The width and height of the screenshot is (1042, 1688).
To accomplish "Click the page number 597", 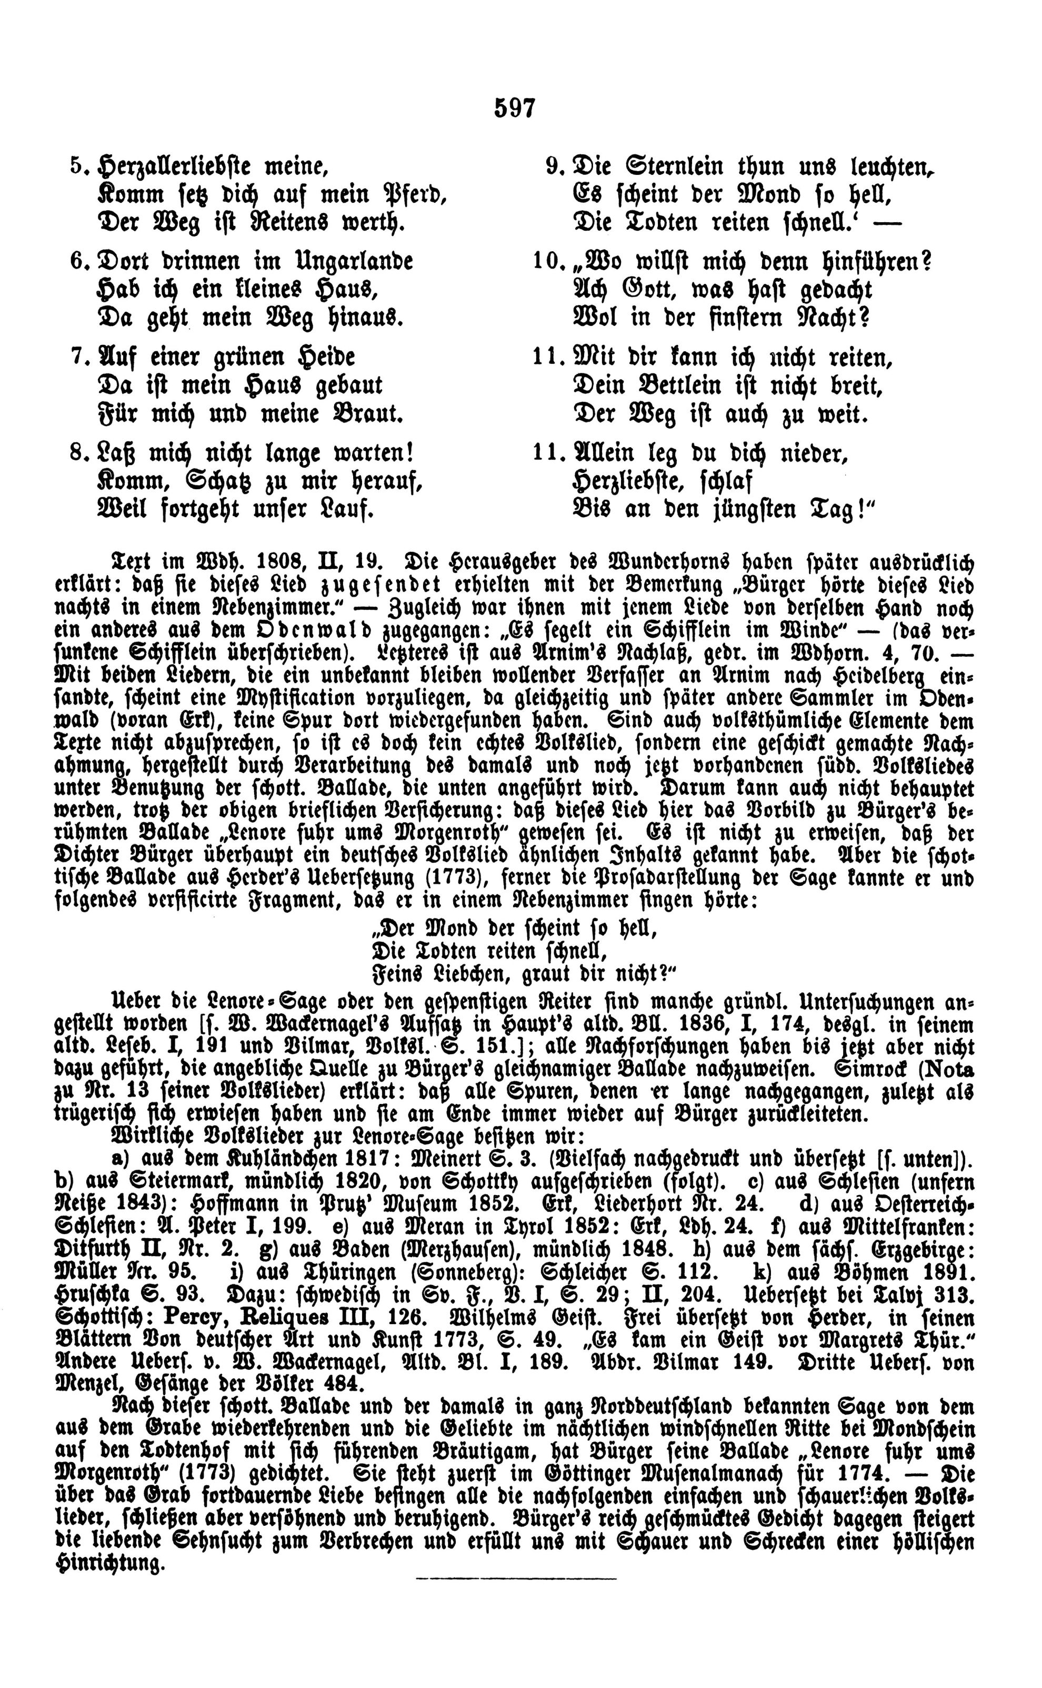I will [515, 108].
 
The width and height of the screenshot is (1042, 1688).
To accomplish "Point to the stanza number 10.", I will [547, 263].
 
